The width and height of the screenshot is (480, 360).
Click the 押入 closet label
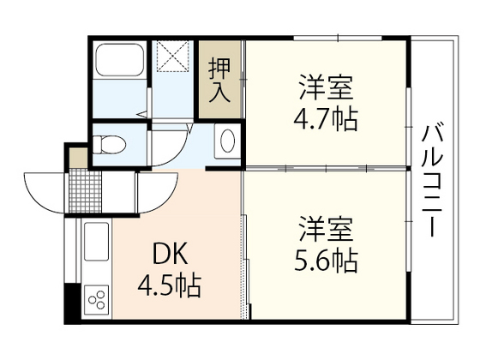point(221,79)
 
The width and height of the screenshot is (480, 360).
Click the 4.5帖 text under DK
point(171,285)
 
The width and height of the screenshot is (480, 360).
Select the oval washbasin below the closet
point(227,139)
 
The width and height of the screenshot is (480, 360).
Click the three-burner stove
point(96,300)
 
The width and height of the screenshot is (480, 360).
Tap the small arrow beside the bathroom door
point(141,111)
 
